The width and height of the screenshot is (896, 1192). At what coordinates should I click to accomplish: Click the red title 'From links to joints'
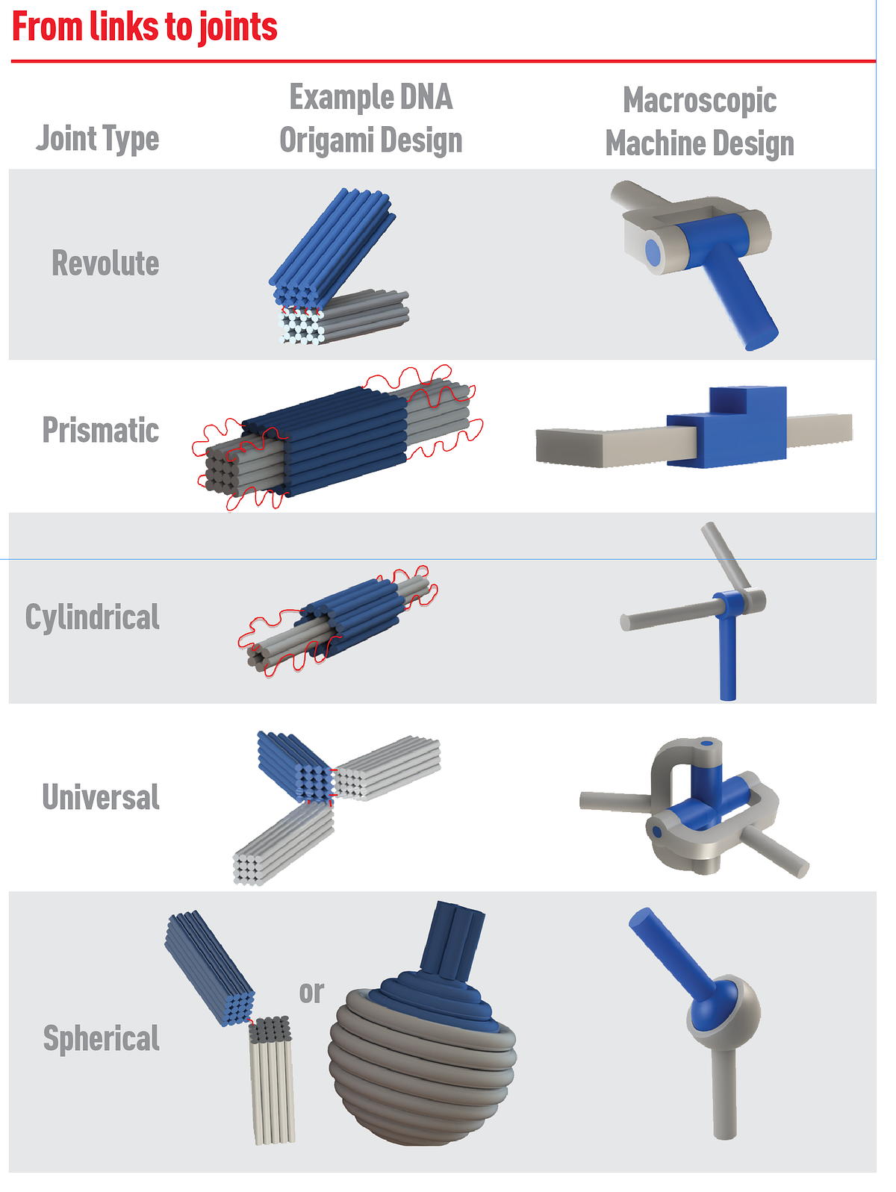144,26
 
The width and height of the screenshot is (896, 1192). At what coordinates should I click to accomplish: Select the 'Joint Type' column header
98,139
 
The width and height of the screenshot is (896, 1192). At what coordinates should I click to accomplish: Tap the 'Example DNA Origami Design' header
371,119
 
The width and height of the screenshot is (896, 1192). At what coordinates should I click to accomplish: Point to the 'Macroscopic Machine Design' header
700,122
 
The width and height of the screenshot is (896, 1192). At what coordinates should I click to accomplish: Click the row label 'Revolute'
105,263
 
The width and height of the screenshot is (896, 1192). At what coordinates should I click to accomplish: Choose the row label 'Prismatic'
101,430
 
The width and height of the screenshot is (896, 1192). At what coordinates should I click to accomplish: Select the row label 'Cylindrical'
93,617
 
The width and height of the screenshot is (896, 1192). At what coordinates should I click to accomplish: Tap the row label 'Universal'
101,796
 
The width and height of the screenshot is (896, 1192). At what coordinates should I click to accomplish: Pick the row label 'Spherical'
102,1038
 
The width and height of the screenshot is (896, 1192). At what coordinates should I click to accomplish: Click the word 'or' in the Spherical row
311,993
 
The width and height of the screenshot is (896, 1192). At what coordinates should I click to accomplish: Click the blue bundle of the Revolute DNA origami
332,247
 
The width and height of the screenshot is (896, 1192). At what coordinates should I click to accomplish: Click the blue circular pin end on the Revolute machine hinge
653,252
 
